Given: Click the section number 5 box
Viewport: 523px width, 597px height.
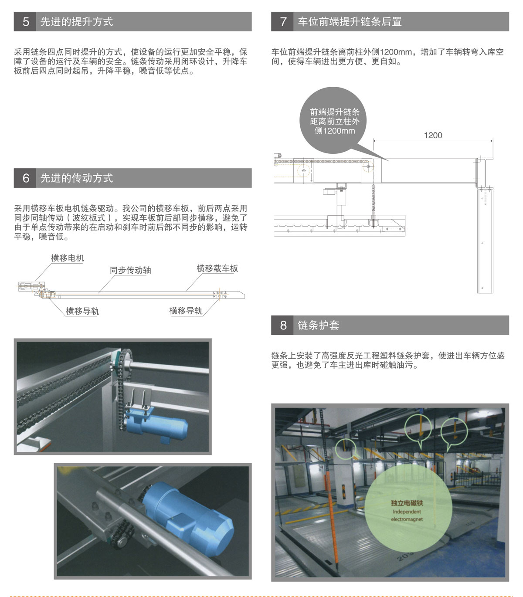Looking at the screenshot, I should click(26, 22).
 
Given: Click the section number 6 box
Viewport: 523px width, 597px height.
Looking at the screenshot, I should click(26, 178).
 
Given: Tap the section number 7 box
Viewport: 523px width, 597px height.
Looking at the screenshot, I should click(283, 22).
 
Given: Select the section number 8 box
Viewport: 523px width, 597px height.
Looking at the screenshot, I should click(283, 325).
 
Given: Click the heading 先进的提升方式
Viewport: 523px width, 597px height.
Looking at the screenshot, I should click(77, 22).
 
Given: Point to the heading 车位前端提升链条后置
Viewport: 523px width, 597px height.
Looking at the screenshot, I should click(350, 22).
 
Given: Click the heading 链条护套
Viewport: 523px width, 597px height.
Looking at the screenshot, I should click(318, 325).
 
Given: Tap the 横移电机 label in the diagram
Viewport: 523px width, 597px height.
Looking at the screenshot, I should click(68, 258).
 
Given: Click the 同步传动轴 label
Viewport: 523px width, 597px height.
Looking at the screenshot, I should click(130, 270).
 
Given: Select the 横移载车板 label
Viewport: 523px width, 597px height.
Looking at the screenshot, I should click(217, 268).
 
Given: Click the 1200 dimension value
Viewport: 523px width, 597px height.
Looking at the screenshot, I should click(433, 136).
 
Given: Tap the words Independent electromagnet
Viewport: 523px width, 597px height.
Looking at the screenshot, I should click(407, 516).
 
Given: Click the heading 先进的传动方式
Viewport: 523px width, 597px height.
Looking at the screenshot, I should click(77, 178).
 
